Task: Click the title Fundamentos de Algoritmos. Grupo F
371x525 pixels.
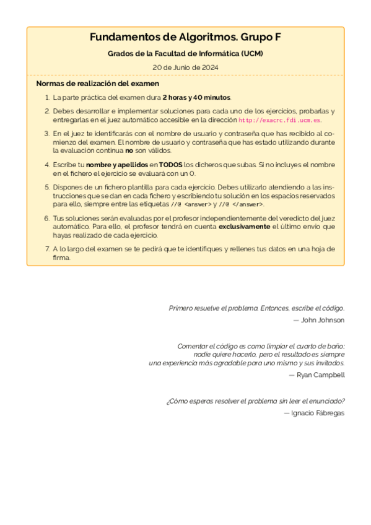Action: click(185, 38)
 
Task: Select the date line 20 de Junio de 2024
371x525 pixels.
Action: click(185, 67)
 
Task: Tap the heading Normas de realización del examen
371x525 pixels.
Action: click(98, 84)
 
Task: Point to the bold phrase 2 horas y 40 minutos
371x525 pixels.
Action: click(196, 98)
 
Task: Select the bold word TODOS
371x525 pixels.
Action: click(171, 165)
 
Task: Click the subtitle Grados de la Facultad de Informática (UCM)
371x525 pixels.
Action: click(185, 54)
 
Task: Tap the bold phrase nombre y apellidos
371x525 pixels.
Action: click(116, 165)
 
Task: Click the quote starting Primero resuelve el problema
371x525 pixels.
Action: click(256, 308)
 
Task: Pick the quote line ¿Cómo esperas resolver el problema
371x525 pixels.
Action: click(255, 401)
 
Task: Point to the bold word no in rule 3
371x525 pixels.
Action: click(129, 150)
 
